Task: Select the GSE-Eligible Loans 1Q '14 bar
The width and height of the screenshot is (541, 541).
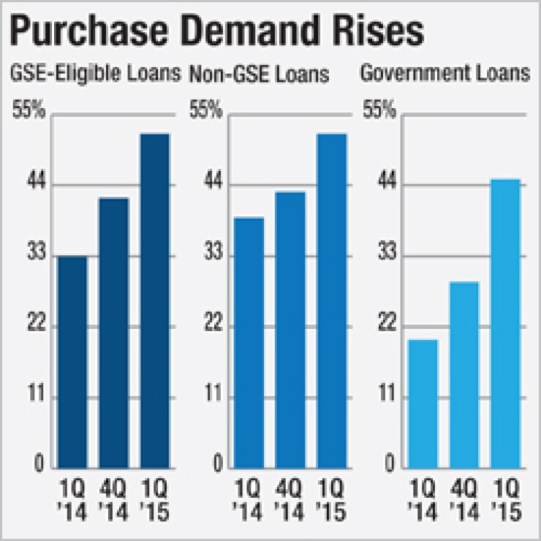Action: pos(72,362)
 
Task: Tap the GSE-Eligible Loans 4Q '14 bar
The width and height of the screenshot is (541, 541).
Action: pos(113,333)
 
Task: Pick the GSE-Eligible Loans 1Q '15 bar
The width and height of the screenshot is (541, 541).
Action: pos(154,300)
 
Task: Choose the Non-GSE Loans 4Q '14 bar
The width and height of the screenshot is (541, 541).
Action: pos(290,330)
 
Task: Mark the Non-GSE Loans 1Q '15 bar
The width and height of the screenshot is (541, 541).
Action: pos(331,300)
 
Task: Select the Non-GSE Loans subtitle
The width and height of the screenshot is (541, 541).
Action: pos(259,74)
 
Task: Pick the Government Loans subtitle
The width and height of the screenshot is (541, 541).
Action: pos(445,74)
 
